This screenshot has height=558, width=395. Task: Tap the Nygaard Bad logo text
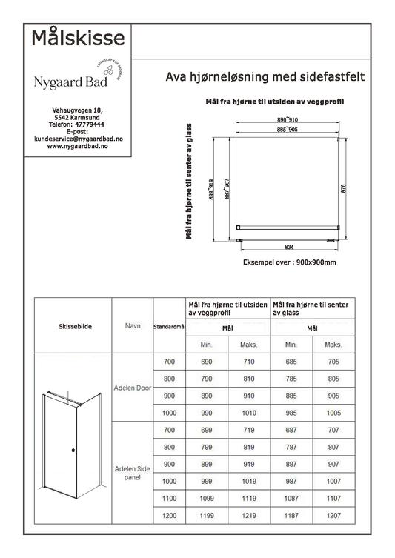[70, 82]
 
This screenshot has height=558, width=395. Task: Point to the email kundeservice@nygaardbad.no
[78, 139]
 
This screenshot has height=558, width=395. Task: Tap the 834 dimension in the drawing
[289, 247]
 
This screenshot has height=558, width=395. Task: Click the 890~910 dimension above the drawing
[288, 119]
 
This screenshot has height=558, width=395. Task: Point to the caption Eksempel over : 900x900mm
[289, 262]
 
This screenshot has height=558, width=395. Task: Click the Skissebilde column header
[75, 326]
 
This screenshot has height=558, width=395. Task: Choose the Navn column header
[132, 326]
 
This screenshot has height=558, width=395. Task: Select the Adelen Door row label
[132, 387]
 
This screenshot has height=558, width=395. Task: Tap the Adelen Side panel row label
[132, 473]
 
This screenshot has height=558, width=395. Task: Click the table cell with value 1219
[248, 516]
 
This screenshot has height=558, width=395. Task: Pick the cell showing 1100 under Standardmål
[169, 499]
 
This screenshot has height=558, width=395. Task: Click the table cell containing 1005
[333, 412]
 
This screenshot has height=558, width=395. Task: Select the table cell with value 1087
[291, 499]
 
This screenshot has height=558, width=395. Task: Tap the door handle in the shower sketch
[72, 451]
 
